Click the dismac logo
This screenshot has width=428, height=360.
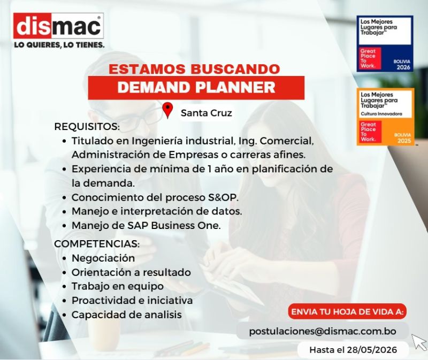click(x=58, y=26)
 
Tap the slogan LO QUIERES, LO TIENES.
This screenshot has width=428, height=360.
click(x=59, y=45)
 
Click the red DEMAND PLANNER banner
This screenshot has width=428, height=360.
click(x=196, y=88)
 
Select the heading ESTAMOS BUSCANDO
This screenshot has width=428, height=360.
click(x=194, y=69)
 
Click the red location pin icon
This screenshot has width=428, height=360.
click(x=167, y=110)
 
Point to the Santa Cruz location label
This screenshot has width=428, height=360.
click(x=207, y=113)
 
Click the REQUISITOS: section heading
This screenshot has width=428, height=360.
click(x=87, y=127)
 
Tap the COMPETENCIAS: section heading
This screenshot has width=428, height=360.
click(x=97, y=244)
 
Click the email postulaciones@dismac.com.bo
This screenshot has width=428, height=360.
click(x=323, y=331)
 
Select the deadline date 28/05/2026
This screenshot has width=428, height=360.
click(x=372, y=350)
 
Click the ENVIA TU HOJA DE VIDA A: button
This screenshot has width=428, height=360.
click(x=347, y=311)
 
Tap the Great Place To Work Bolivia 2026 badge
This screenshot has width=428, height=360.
click(x=385, y=44)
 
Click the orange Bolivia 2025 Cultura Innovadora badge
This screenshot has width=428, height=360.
click(x=385, y=117)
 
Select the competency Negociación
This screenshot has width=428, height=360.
click(x=103, y=258)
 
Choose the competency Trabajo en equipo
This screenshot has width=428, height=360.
click(x=118, y=286)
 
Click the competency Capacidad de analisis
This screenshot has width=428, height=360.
click(x=127, y=315)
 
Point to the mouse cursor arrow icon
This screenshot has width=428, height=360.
click(x=419, y=342)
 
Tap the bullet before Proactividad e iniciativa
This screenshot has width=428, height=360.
click(x=64, y=301)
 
